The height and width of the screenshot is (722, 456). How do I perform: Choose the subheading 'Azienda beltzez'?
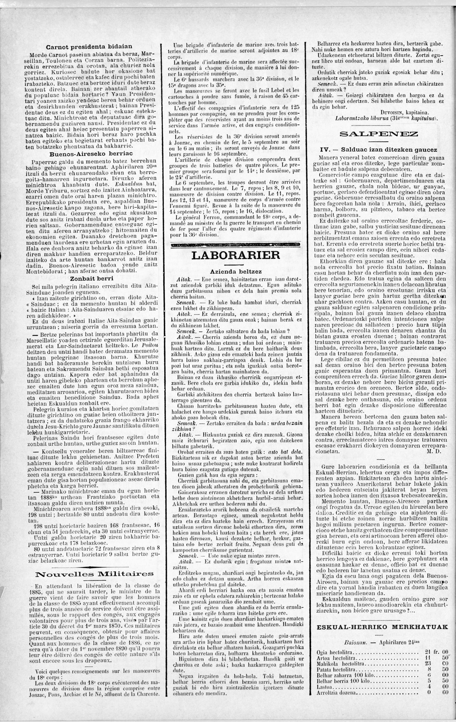pos(236,271)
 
